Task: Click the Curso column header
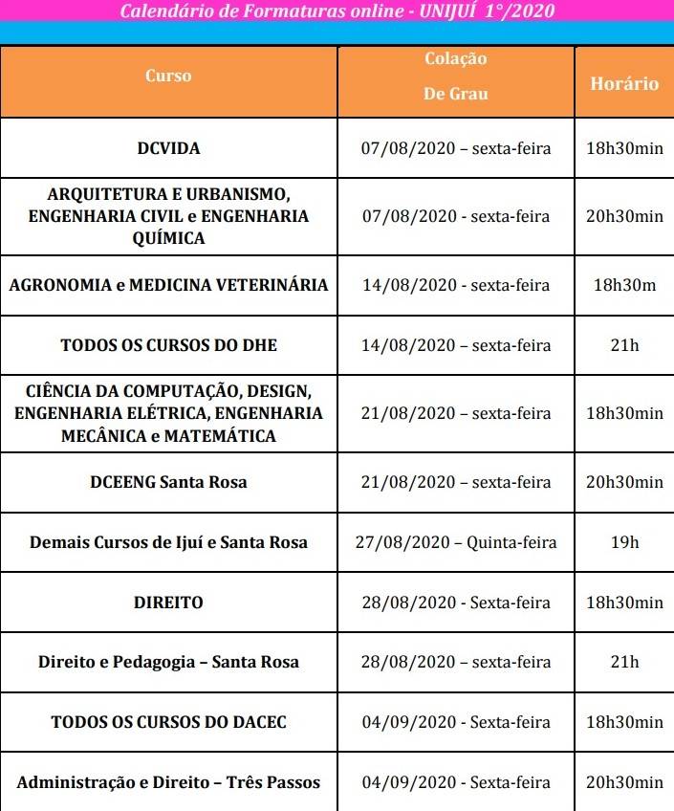[168, 76]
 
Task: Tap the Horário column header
[624, 83]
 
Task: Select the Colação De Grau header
[456, 77]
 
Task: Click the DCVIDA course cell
[168, 148]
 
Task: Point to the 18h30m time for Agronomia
[624, 285]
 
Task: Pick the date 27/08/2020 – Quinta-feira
[456, 542]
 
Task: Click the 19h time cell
[624, 542]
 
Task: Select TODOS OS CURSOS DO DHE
[168, 344]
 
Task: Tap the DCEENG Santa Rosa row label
[168, 482]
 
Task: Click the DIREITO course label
[168, 603]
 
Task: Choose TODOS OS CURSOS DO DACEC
[168, 722]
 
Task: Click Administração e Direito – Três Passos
[168, 782]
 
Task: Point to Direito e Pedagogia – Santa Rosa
[168, 662]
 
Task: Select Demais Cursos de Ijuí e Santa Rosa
[168, 542]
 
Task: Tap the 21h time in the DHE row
[624, 344]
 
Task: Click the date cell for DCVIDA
[456, 148]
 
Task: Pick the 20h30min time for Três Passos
[624, 782]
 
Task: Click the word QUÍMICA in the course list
[168, 238]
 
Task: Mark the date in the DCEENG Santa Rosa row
[456, 482]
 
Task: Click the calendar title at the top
[337, 11]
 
